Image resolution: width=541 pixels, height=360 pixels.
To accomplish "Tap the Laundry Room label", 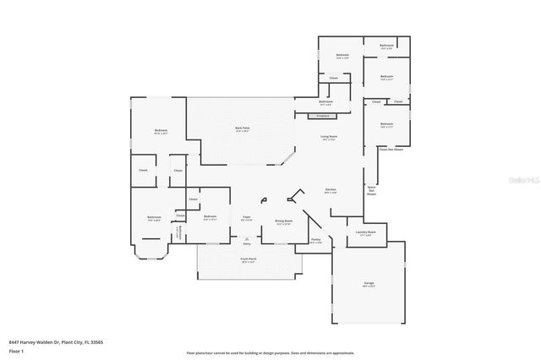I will (366, 232).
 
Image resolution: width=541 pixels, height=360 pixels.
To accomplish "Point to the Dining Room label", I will (282, 221).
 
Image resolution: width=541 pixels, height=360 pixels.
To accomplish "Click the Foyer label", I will (247, 218).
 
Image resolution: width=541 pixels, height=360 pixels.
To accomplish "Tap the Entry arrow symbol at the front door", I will (247, 239).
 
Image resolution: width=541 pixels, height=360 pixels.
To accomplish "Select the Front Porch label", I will (248, 260).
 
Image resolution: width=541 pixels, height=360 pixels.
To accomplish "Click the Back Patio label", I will (243, 128).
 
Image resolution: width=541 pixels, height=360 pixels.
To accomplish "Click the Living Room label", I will (329, 137).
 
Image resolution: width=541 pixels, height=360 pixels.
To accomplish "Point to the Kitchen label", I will (331, 190).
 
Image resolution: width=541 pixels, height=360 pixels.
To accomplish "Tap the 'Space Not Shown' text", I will (371, 190).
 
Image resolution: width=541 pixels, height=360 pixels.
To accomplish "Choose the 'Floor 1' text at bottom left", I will (15, 350).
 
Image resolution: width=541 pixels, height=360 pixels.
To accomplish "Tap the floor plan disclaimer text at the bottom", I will (270, 352).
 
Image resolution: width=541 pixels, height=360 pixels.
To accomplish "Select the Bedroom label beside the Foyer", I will (210, 218).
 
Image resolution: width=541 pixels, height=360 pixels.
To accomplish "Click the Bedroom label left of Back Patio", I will (161, 131).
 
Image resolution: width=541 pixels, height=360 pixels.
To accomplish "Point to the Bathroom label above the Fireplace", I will (325, 101).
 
